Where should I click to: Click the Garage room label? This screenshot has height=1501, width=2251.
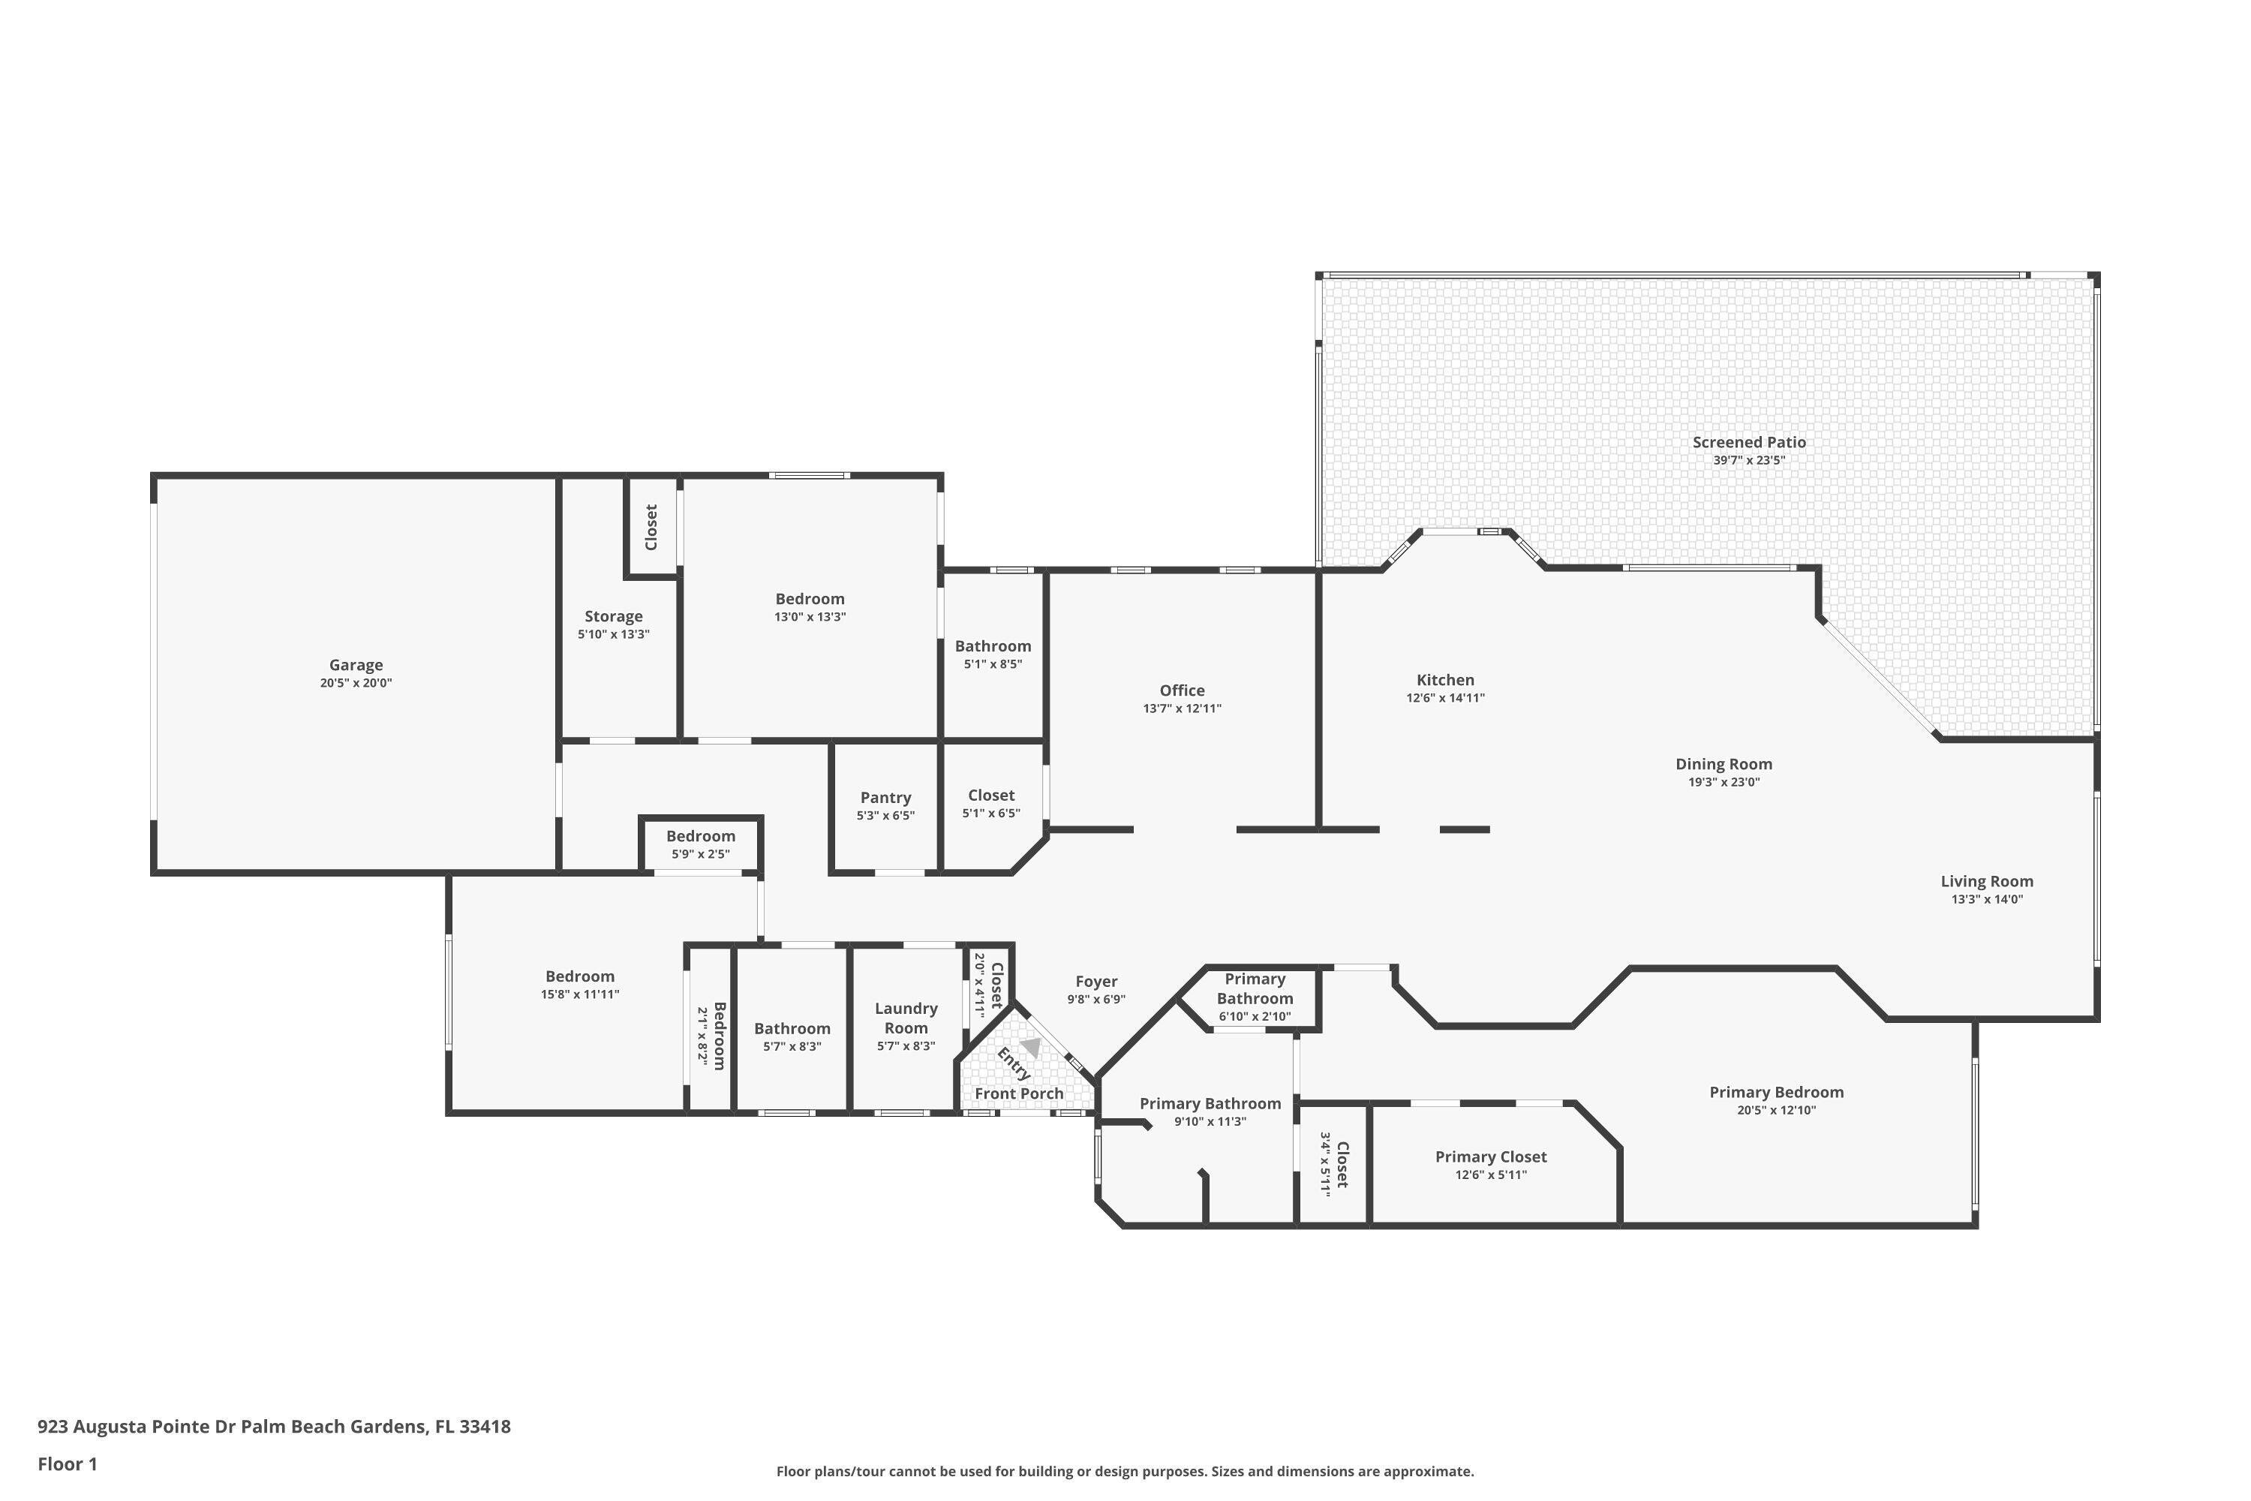[355, 664]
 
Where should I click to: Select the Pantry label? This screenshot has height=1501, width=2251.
[885, 797]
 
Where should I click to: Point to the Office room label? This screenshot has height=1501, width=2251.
[1181, 690]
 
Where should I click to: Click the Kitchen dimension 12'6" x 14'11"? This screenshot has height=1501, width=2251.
[1444, 698]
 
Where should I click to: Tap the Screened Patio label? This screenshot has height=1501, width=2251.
[1748, 442]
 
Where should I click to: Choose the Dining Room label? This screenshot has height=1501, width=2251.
[1723, 764]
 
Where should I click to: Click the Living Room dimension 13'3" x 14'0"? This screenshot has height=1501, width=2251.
[1986, 899]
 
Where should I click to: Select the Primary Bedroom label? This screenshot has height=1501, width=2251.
[1775, 1092]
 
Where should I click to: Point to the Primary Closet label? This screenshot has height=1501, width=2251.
[1490, 1157]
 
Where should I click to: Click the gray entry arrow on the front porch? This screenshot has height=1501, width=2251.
[1031, 1047]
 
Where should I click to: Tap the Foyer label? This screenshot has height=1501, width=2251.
[1095, 981]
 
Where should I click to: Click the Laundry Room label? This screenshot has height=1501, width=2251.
[906, 1018]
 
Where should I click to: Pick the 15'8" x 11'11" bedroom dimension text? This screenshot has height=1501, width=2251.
[579, 994]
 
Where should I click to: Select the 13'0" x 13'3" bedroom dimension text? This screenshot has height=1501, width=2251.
[810, 616]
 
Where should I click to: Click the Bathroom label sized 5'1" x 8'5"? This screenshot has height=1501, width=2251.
[993, 646]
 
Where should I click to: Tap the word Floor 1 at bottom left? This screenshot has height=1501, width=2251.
[67, 1463]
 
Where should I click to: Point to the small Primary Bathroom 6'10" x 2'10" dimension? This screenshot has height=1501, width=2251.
[1254, 1017]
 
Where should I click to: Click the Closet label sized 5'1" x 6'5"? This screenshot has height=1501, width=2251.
[990, 796]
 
